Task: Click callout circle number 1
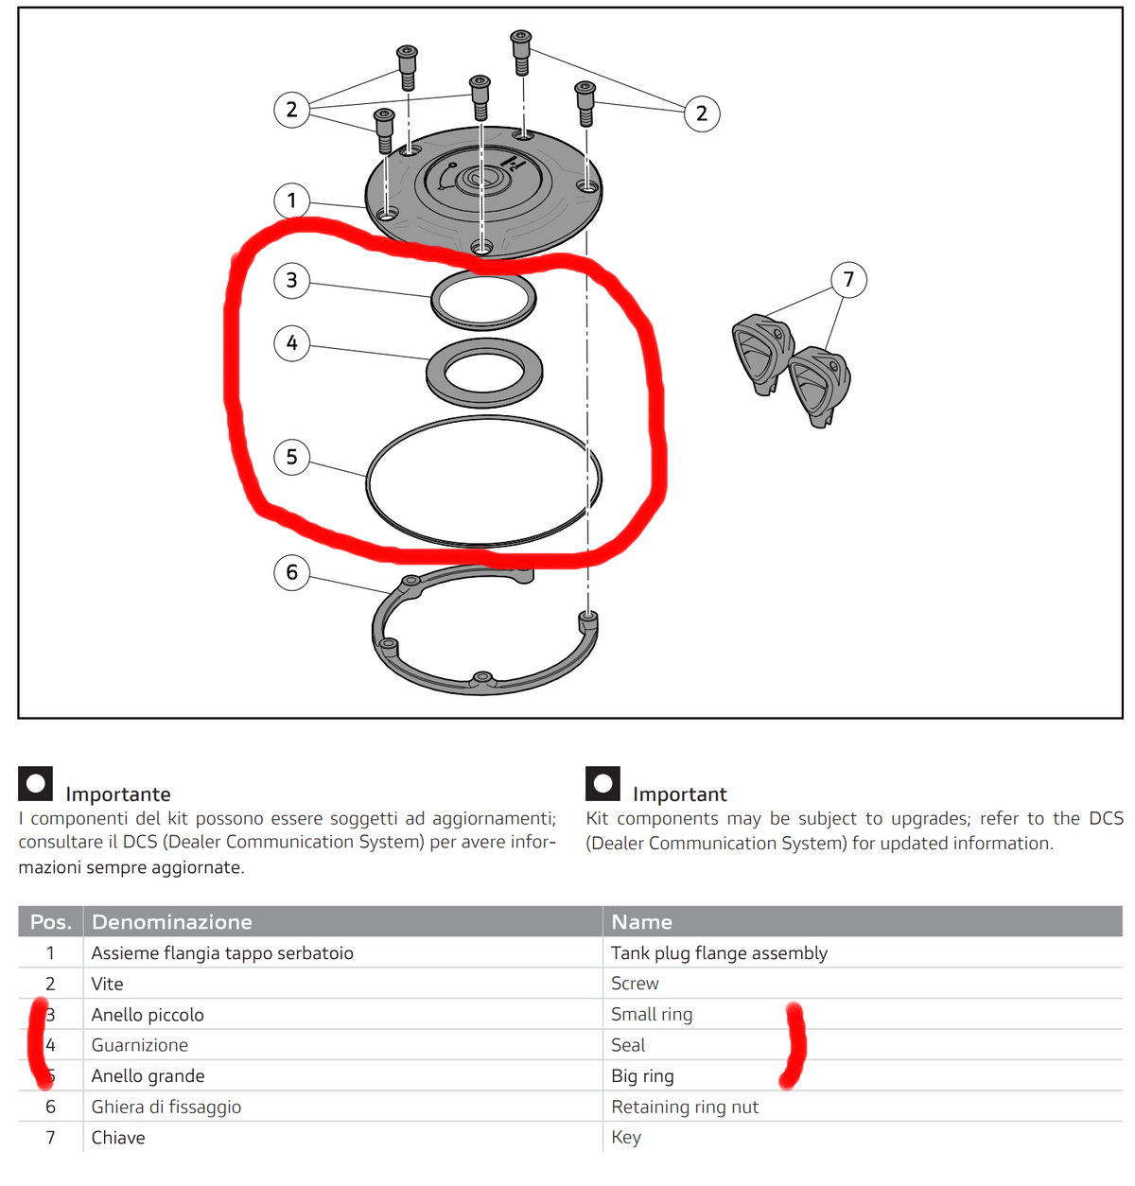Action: coord(291,201)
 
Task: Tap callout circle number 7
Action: coord(847,280)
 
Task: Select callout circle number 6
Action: coord(291,571)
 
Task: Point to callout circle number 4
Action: coord(291,343)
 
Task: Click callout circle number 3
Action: coord(291,280)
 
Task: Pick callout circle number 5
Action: coord(291,457)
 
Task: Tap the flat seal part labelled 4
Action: coord(434,373)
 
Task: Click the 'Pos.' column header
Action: coord(50,921)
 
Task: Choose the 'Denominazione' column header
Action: coord(171,921)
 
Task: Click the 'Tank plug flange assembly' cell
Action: coord(719,953)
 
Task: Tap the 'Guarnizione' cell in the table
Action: coord(140,1045)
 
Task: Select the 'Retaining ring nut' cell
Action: coord(685,1107)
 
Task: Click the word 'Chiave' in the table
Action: coord(118,1137)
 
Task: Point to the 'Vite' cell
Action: coord(107,984)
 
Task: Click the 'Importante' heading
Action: coord(118,794)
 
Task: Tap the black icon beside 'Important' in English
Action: coord(602,783)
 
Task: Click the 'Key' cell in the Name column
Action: coord(626,1138)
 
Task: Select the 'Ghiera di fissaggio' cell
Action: coord(166,1107)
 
